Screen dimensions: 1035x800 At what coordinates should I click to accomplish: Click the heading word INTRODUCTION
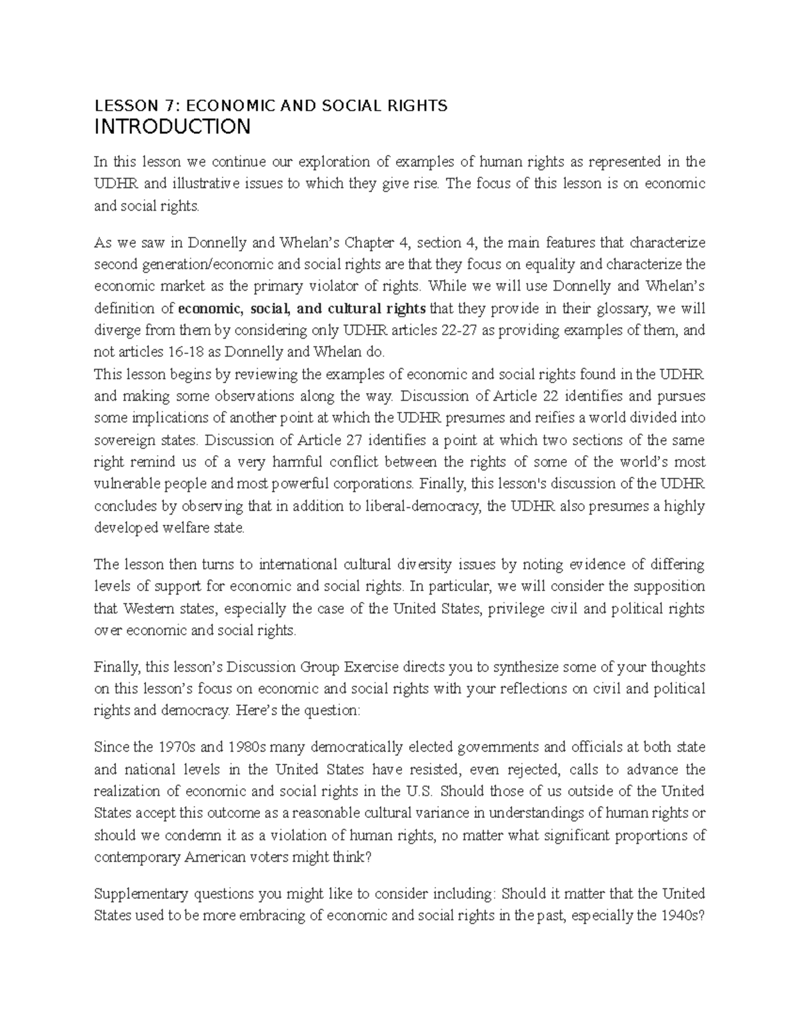(x=172, y=127)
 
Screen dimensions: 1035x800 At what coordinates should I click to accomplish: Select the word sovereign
(x=123, y=440)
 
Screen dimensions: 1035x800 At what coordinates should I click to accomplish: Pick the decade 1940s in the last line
(x=675, y=915)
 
